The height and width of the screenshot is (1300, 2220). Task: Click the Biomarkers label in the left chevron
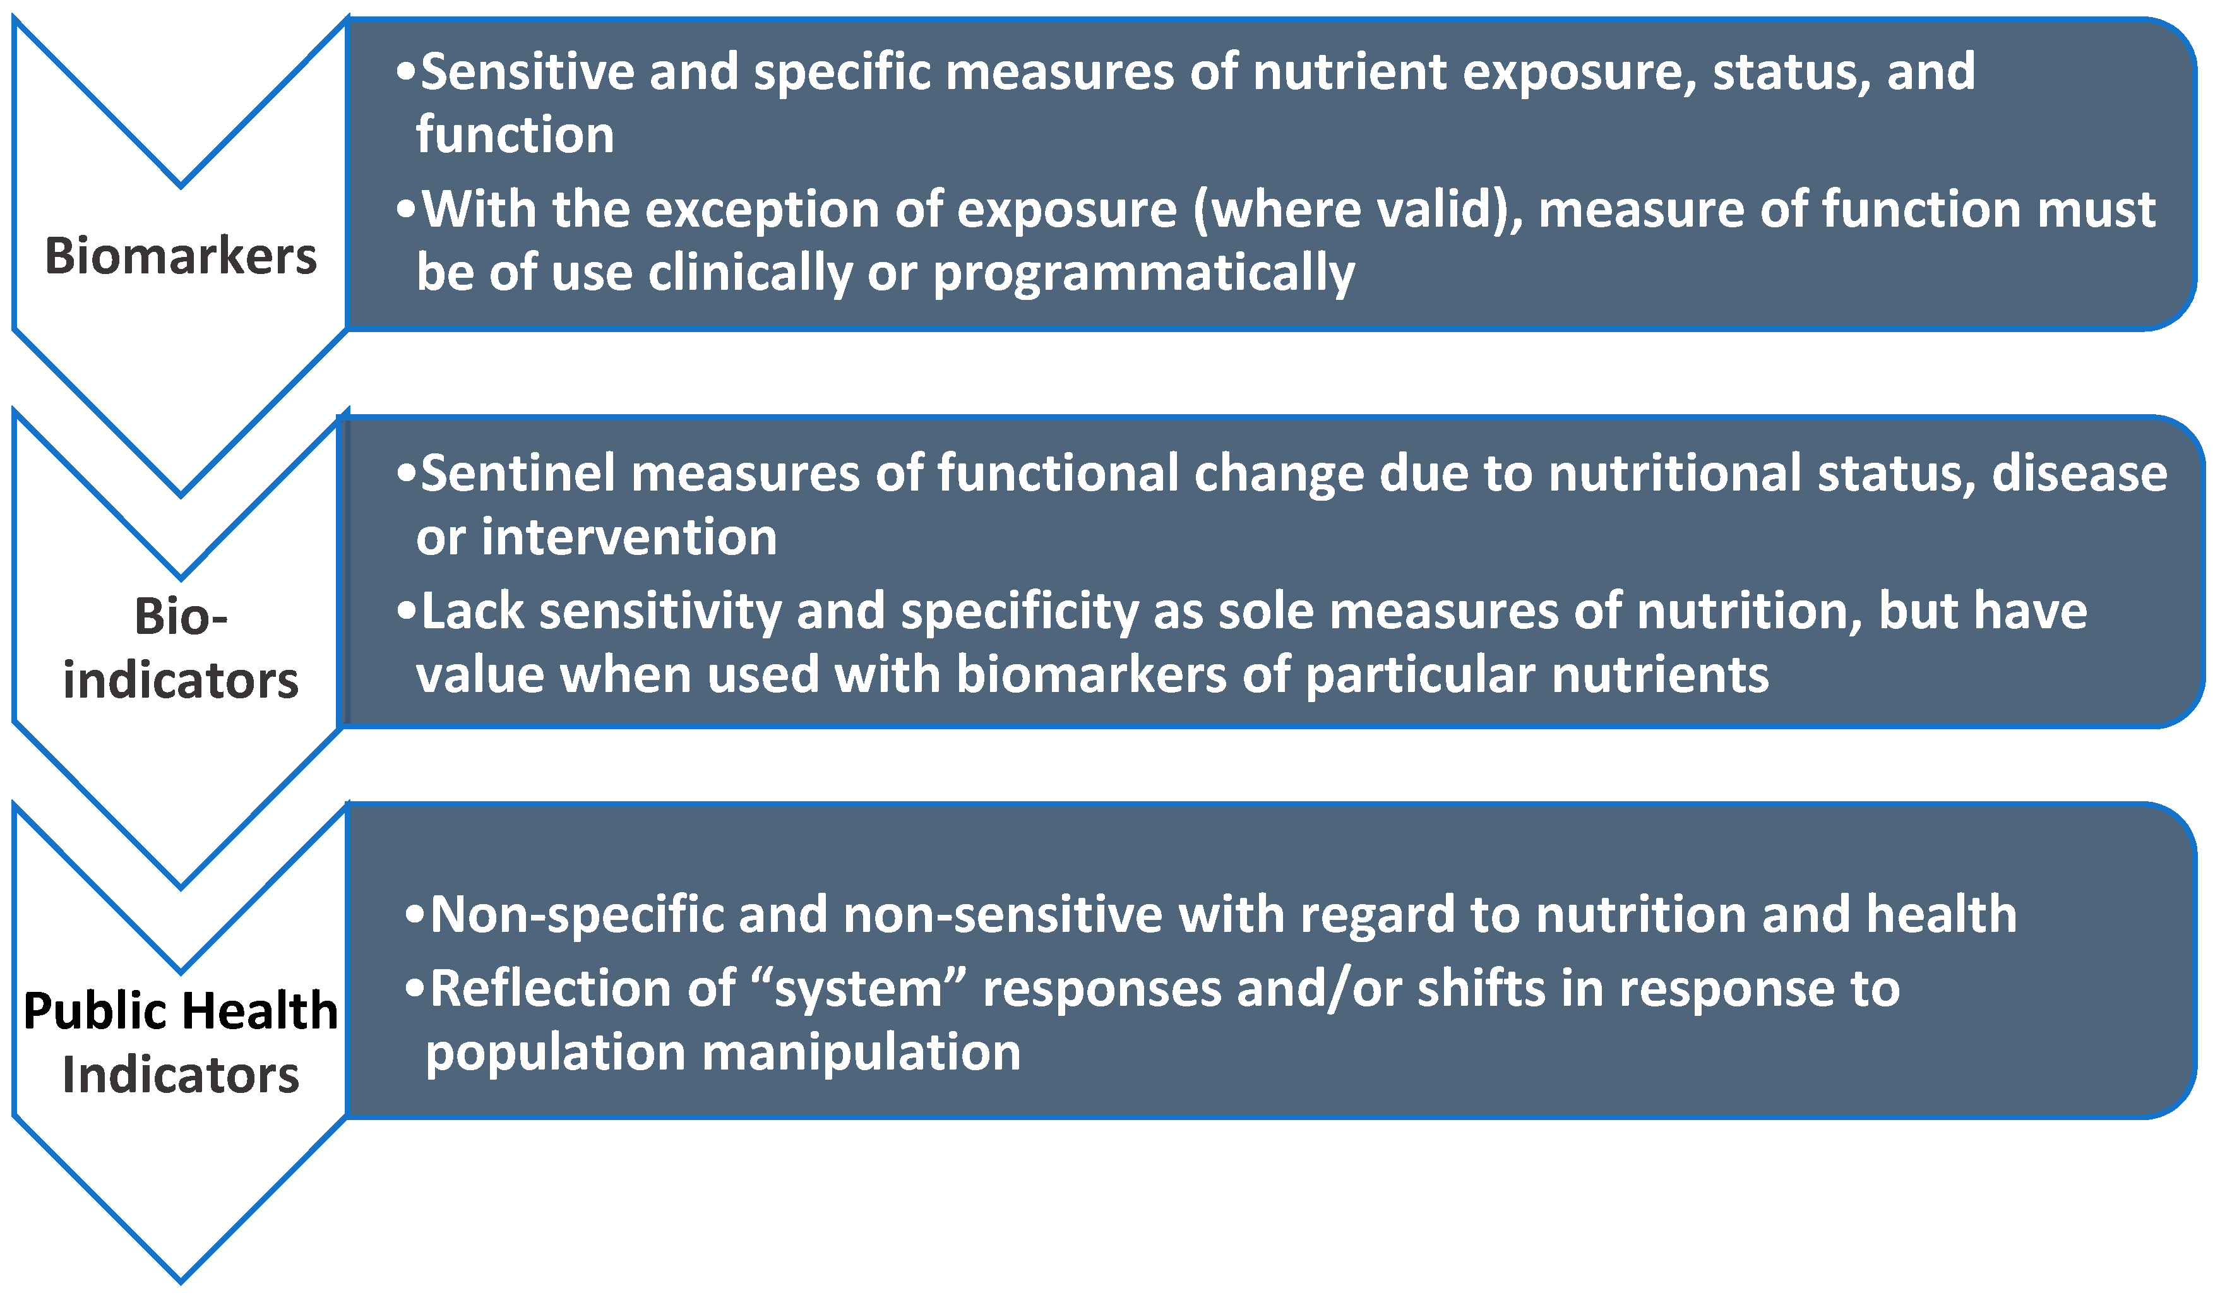pyautogui.click(x=181, y=256)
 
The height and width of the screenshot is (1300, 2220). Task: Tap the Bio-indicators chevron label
pyautogui.click(x=181, y=648)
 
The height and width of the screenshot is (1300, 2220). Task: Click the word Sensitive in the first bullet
pyautogui.click(x=527, y=71)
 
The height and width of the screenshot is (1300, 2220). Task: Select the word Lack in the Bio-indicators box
pyautogui.click(x=472, y=611)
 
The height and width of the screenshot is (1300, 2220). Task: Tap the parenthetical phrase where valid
pyautogui.click(x=1357, y=210)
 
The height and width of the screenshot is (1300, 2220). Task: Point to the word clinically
pyautogui.click(x=751, y=272)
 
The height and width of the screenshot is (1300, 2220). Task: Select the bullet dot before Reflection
pyautogui.click(x=414, y=988)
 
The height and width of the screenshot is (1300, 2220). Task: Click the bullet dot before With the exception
pyautogui.click(x=405, y=210)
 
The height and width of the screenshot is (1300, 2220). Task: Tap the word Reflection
pyautogui.click(x=582, y=988)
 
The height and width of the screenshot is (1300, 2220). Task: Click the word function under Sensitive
pyautogui.click(x=515, y=134)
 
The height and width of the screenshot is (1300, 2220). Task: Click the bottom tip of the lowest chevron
pyautogui.click(x=181, y=1279)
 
